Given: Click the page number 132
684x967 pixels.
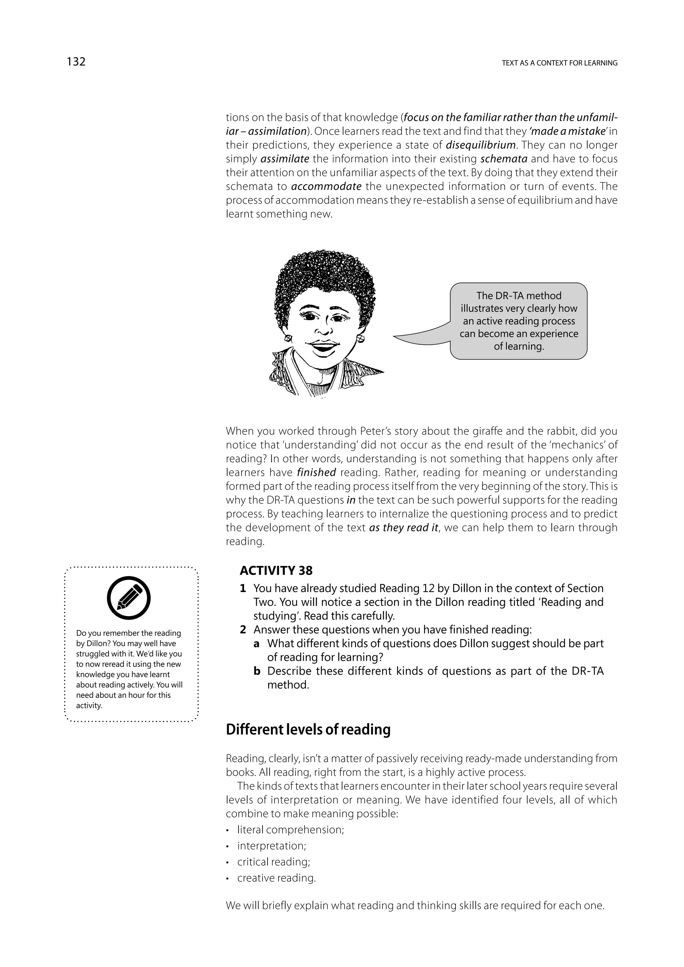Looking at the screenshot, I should (x=76, y=61).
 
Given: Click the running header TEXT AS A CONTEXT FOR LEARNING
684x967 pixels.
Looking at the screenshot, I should (x=559, y=63).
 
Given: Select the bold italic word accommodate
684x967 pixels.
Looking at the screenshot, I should (x=326, y=186).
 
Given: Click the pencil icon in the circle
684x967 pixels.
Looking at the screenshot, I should (x=129, y=598).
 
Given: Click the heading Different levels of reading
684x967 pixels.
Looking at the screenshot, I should (x=308, y=730).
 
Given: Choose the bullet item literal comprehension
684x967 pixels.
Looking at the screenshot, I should (x=291, y=830).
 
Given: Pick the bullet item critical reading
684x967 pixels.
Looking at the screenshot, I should (x=274, y=862).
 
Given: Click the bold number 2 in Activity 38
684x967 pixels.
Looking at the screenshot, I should (x=243, y=630).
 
